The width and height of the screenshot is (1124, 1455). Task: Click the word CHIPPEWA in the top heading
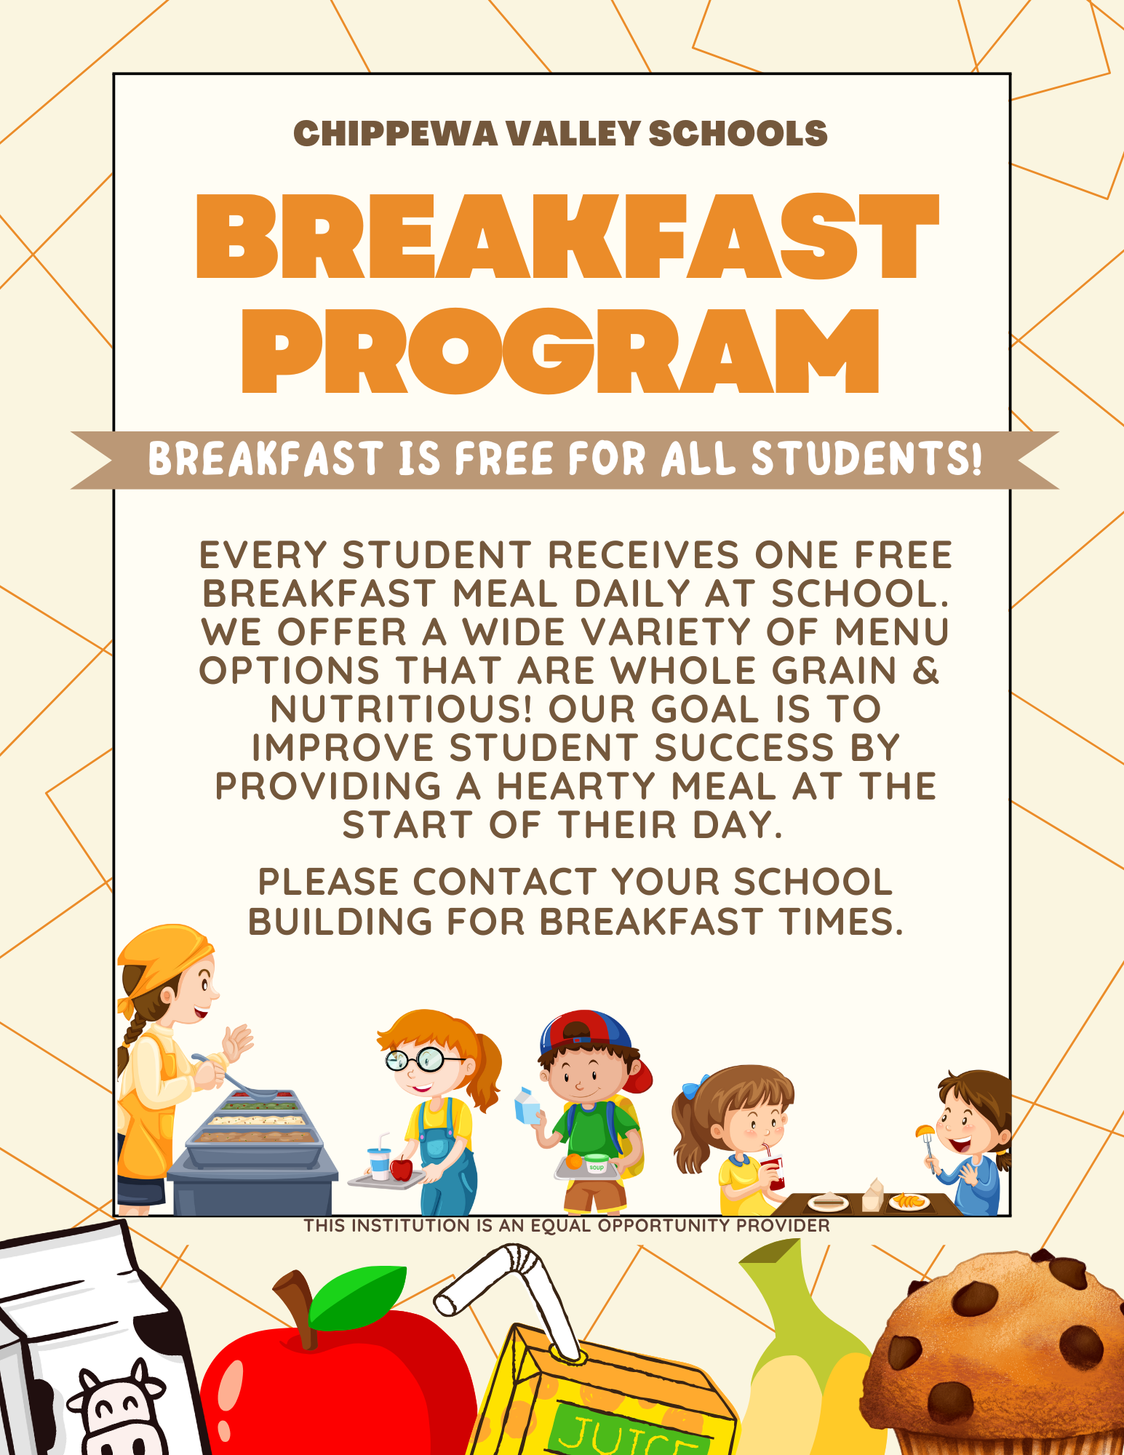tap(395, 134)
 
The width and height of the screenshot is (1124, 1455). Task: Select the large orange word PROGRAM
tap(560, 351)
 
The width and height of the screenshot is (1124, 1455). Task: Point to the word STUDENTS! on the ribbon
tap(866, 459)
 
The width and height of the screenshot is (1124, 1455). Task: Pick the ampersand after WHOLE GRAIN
tap(926, 670)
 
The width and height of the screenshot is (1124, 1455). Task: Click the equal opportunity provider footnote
tap(567, 1226)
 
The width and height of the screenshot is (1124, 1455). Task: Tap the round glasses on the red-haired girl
tap(415, 1059)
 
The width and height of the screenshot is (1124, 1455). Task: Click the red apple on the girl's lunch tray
tap(401, 1169)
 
